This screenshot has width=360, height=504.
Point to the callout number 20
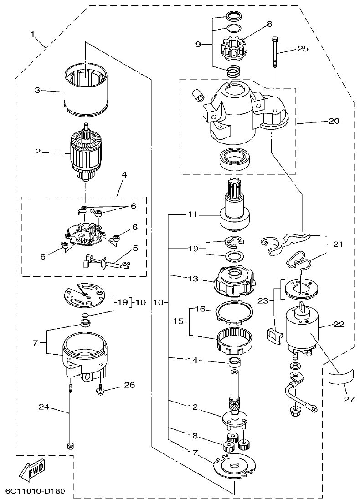[334, 121]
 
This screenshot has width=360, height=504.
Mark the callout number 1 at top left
[33, 34]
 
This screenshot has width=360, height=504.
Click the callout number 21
[338, 244]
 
